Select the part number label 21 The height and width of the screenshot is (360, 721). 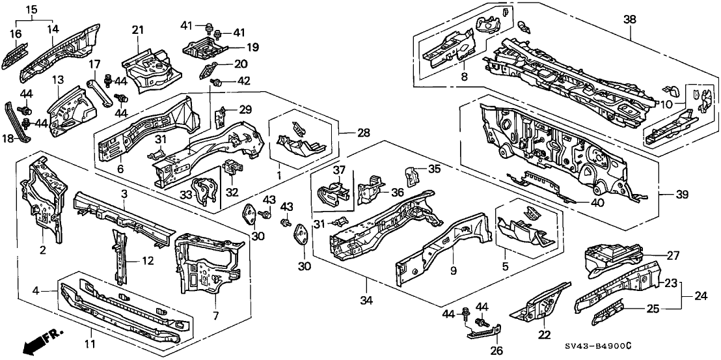[x=137, y=31]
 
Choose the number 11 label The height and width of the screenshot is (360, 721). [x=90, y=344]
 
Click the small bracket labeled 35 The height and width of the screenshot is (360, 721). [x=410, y=174]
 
